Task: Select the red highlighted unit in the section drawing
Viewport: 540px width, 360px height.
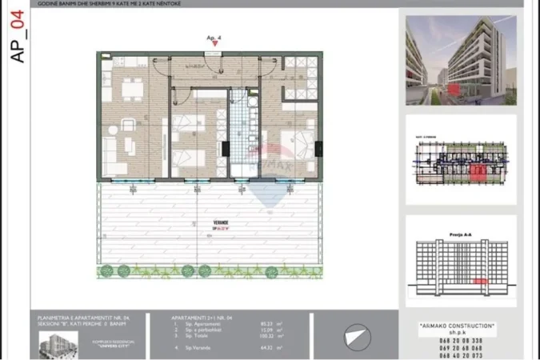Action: (x=480, y=282)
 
